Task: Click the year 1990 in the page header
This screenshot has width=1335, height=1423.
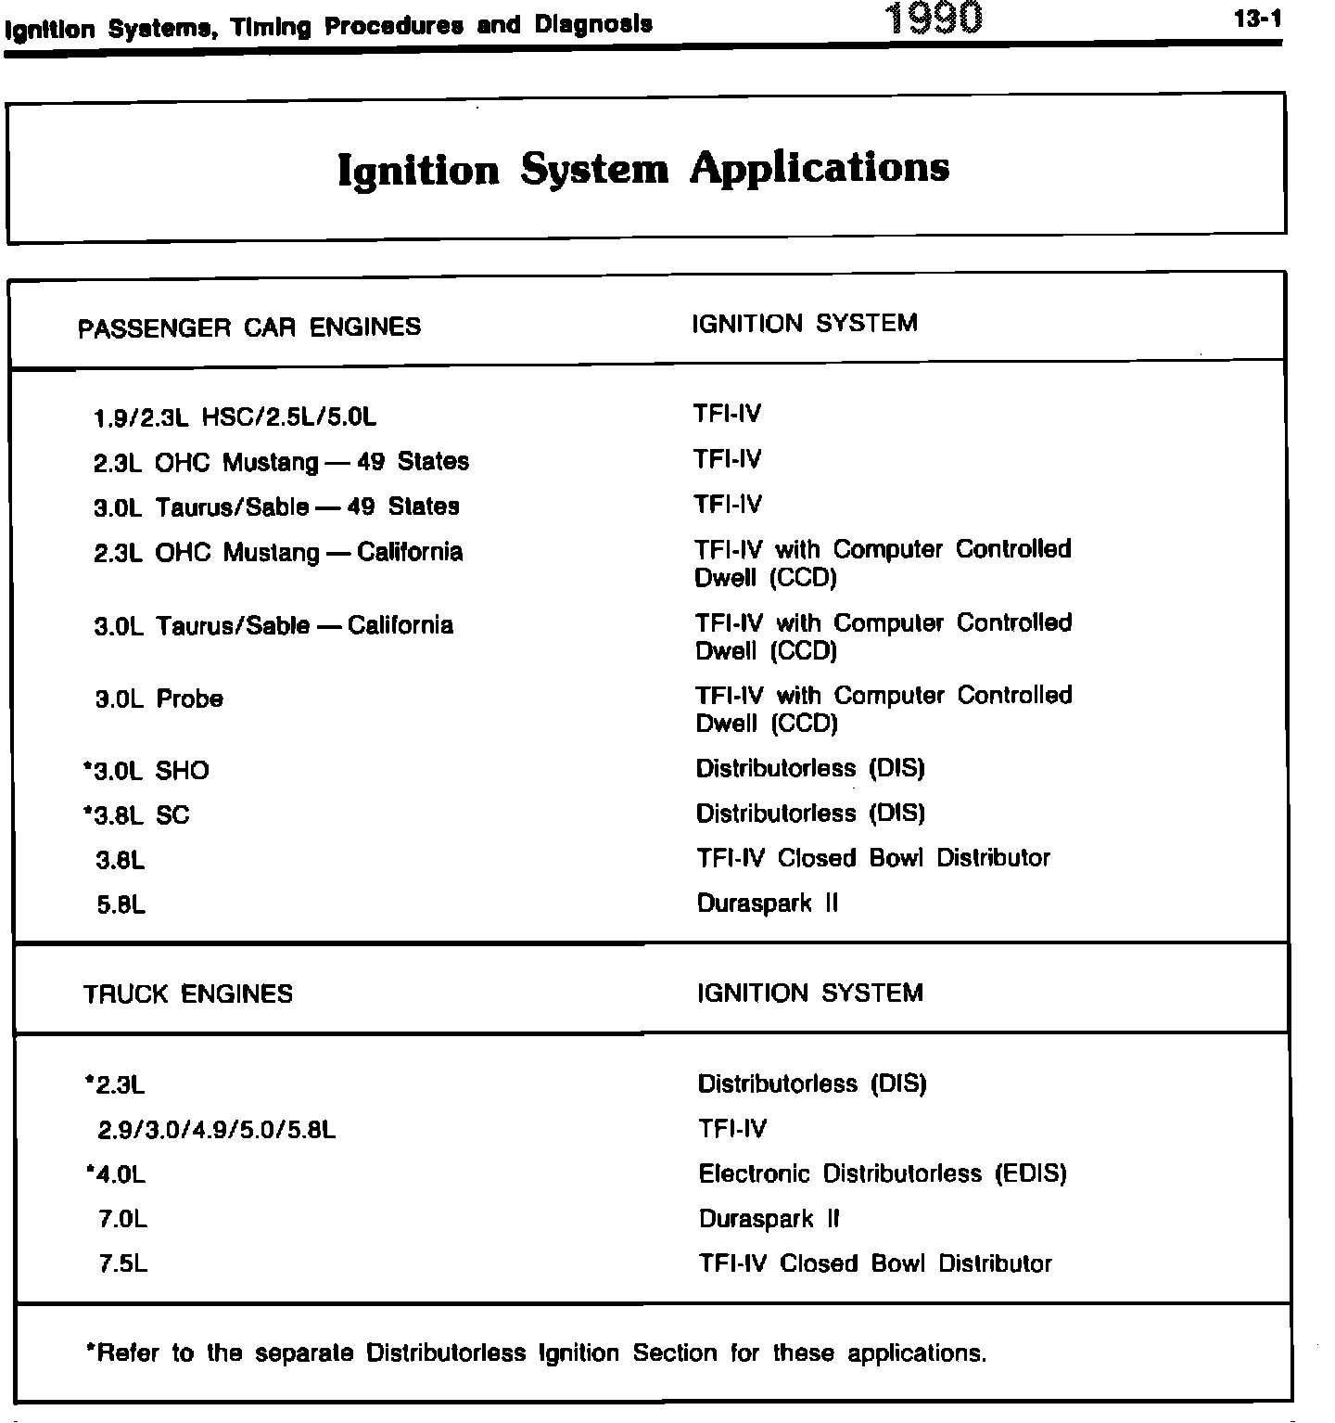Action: (x=933, y=19)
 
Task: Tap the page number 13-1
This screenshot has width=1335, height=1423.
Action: (x=1258, y=19)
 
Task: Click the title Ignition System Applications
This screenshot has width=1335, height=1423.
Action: (x=643, y=169)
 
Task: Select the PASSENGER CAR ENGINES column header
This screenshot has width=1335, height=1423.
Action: (x=249, y=327)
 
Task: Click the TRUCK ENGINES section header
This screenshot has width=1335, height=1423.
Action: (x=188, y=994)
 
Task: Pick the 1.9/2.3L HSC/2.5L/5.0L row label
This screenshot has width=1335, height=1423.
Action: (x=235, y=417)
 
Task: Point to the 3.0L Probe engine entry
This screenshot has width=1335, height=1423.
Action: (x=159, y=699)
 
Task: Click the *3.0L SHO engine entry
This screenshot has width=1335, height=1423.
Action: (x=146, y=771)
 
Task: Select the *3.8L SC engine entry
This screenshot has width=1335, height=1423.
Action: (x=136, y=815)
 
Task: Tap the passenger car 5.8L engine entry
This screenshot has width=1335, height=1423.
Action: (x=121, y=904)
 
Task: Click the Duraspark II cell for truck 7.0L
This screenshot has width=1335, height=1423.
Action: (x=769, y=1219)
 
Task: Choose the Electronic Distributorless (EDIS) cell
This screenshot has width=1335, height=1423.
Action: (x=883, y=1173)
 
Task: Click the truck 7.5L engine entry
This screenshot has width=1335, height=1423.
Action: (x=123, y=1263)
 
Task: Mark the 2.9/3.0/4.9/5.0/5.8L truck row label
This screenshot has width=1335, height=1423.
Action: (x=217, y=1130)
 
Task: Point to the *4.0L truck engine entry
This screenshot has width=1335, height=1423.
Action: (x=115, y=1174)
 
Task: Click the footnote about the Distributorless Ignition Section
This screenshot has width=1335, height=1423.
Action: (x=535, y=1353)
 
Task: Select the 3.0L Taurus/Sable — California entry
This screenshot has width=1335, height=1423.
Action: (x=273, y=625)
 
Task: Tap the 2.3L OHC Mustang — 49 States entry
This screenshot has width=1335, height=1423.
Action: (x=281, y=462)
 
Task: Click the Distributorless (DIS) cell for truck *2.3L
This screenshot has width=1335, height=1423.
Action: (x=812, y=1083)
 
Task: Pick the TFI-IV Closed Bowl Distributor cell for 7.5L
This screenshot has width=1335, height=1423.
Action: (x=875, y=1263)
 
